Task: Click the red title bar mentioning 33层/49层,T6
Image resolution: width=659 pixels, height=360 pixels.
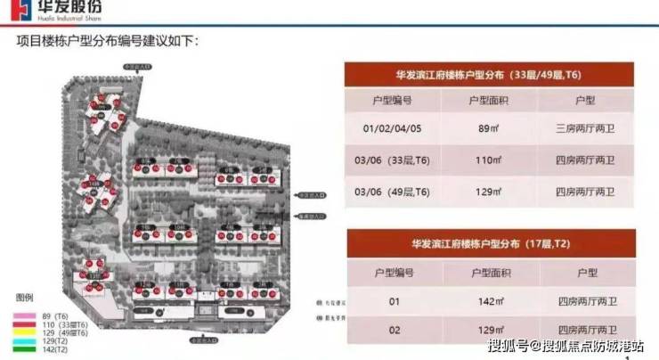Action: click(x=489, y=74)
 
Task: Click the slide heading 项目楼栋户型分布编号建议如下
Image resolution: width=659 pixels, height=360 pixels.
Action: click(x=109, y=42)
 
